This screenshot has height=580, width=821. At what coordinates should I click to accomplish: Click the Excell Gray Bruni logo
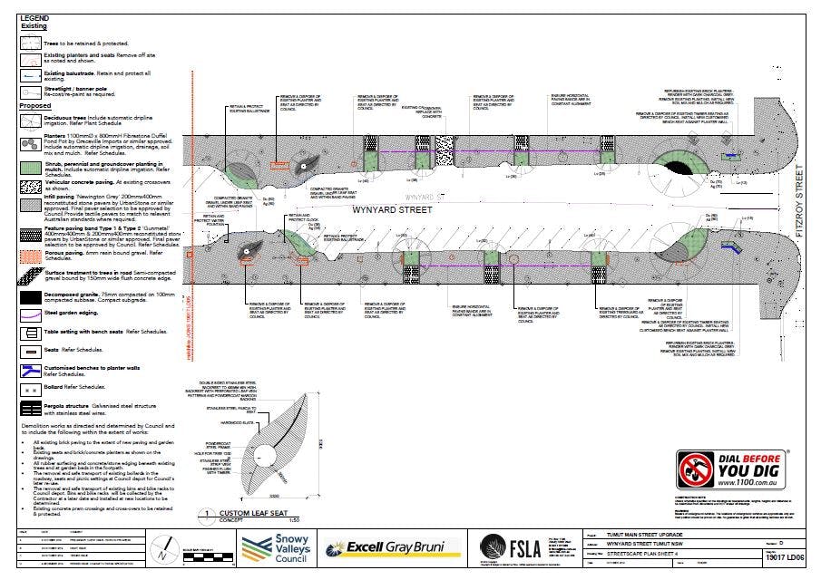tap(392, 548)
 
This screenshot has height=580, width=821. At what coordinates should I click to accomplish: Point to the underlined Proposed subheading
tap(35, 105)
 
